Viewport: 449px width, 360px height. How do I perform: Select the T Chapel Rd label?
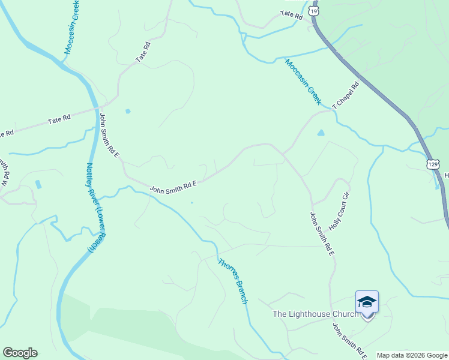(346, 95)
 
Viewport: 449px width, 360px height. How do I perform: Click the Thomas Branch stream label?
(232, 281)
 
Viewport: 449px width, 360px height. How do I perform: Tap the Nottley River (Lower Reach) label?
(93, 208)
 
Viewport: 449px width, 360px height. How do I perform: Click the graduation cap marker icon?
(367, 302)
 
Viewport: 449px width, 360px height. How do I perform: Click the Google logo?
(20, 353)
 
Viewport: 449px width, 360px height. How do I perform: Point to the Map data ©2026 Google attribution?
(412, 355)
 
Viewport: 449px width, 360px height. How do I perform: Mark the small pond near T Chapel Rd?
(321, 133)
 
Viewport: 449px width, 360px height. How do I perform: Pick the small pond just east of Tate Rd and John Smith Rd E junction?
(127, 111)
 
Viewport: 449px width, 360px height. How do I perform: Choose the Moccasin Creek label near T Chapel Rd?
(303, 82)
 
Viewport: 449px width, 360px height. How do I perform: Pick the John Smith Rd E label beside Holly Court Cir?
(322, 235)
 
